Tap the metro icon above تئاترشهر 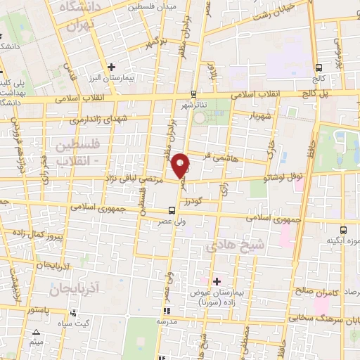click(194, 93)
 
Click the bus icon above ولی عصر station click(172, 210)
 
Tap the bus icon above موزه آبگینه click(342, 229)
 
